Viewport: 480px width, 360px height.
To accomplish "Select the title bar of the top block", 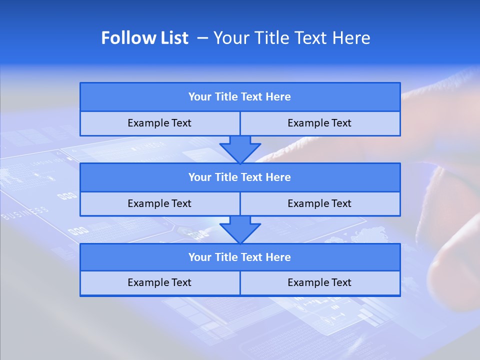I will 240,97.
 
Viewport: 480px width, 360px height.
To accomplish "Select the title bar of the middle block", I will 240,177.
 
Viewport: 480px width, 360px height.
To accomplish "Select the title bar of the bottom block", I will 240,257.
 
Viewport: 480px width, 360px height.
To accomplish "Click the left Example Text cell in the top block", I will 159,123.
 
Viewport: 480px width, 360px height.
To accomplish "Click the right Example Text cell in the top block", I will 319,123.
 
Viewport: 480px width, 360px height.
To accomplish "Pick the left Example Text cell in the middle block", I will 159,204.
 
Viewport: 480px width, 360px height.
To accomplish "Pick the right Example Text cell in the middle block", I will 319,204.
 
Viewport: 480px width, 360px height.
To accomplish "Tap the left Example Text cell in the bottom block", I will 159,283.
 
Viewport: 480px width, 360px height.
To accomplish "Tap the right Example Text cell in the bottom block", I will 319,283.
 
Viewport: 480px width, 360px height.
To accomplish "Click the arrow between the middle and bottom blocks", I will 240,229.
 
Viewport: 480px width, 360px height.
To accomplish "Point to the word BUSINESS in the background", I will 25,213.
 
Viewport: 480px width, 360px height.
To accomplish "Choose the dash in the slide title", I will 202,38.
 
